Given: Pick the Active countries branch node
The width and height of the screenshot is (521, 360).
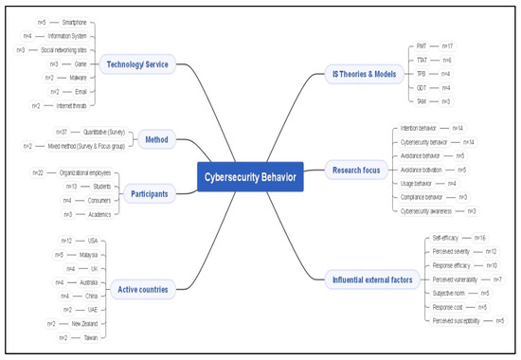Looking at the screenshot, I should coord(138,288).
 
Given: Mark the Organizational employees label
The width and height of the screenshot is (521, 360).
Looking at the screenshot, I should coord(85,173).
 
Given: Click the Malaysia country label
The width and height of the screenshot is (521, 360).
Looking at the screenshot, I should coord(91,255).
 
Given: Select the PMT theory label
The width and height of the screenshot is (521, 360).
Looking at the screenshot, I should coord(422,45).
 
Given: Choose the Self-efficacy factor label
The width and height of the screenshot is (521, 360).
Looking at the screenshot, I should coord(445,237).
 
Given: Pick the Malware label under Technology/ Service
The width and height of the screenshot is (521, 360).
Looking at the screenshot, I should coord(80,78).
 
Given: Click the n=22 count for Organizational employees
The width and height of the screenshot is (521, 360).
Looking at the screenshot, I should coord(38,173).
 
